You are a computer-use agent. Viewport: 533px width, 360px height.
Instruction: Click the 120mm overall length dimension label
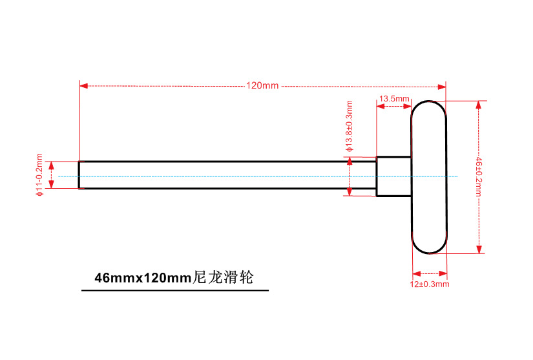(x=262, y=86)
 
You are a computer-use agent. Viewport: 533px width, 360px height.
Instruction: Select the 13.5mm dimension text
(x=394, y=99)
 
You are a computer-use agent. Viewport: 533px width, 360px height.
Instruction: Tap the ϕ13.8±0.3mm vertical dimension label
(x=350, y=125)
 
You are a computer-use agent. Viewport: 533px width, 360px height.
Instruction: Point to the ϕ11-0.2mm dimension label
(x=39, y=175)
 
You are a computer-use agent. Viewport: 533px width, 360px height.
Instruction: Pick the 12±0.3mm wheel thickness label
(x=430, y=284)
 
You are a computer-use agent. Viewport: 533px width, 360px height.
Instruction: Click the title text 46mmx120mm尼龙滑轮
(x=174, y=279)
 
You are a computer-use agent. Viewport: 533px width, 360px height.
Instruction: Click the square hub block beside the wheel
(x=393, y=176)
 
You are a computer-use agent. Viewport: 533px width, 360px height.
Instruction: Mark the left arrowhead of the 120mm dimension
(x=83, y=85)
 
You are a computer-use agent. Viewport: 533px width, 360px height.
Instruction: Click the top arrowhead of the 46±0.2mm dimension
(x=479, y=104)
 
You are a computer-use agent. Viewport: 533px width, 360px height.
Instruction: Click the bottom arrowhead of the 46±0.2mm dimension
(x=479, y=250)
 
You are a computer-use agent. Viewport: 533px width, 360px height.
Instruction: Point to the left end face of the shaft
(x=79, y=175)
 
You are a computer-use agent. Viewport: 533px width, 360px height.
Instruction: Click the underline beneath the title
(x=174, y=291)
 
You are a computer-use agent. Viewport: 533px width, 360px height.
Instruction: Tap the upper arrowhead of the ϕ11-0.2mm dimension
(x=53, y=164)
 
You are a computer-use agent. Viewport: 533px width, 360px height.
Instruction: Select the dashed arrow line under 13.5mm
(x=393, y=106)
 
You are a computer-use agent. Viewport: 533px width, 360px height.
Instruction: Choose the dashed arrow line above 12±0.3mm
(x=429, y=273)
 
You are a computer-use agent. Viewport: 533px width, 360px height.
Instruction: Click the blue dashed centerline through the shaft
(x=258, y=176)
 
